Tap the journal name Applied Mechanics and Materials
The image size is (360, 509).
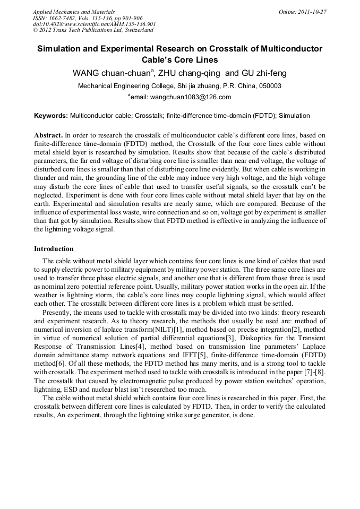click(x=74, y=12)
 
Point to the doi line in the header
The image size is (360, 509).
click(x=95, y=24)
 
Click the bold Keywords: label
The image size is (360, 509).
click(x=51, y=115)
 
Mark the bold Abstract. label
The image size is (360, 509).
click(x=48, y=135)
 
